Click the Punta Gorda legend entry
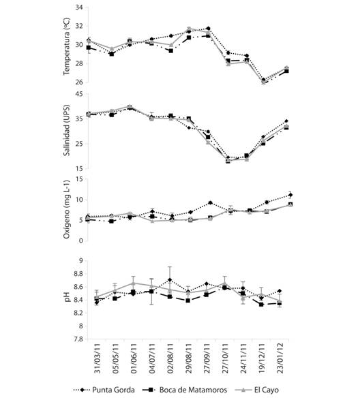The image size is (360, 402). coord(104,390)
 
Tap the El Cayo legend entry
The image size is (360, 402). coord(256,390)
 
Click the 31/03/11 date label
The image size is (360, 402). coord(97,358)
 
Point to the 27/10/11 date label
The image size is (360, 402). coord(225,358)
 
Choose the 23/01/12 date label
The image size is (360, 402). coord(280,358)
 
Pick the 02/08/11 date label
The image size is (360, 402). coord(170,358)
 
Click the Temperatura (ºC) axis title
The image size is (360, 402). coord(66,46)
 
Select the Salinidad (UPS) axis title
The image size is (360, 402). coord(66,130)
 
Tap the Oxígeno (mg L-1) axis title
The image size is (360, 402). coord(66,209)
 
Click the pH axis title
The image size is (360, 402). coord(67,297)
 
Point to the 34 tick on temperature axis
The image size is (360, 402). coord(79,7)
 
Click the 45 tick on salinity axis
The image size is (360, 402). coord(79,94)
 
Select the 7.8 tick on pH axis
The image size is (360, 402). coord(78,339)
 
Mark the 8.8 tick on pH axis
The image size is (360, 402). coord(78,274)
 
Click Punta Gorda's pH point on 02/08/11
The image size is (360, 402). coord(170,280)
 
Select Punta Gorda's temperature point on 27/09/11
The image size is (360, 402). coord(208,29)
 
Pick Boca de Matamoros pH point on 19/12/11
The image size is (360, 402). coord(261,305)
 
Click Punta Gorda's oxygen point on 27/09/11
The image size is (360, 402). coord(210,203)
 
